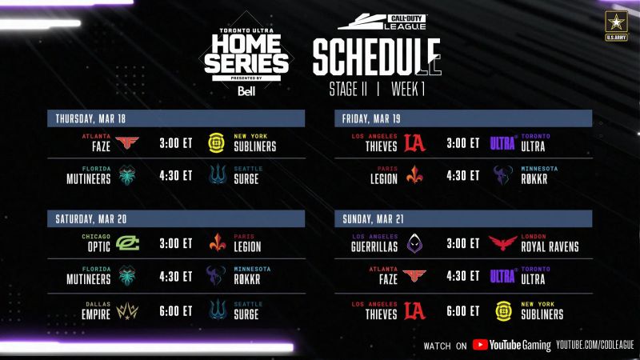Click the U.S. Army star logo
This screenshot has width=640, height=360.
tap(616, 25)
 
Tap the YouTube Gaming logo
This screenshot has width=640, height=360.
tap(511, 346)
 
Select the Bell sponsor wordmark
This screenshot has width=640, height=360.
tap(246, 90)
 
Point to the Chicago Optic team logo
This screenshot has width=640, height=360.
tap(126, 243)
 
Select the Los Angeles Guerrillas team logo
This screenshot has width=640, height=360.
tap(414, 243)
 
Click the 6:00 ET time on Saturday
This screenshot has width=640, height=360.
tap(176, 310)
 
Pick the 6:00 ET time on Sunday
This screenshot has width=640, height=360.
tap(463, 310)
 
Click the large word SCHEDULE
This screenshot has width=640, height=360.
tap(376, 59)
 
